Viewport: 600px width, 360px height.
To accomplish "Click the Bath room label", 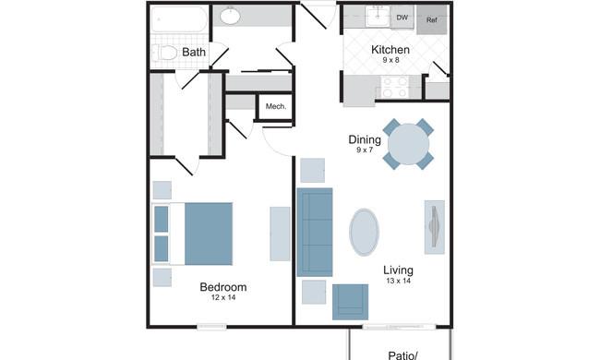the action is [x=194, y=52].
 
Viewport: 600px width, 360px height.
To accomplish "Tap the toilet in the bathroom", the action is [x=164, y=53].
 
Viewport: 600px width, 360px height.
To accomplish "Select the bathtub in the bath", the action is [x=179, y=19].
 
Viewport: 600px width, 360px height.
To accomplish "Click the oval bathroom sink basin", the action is [x=230, y=16].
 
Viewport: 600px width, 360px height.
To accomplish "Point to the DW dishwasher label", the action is [x=402, y=18].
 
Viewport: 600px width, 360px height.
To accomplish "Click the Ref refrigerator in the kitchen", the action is [x=432, y=19].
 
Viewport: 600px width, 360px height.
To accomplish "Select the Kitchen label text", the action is [x=390, y=50].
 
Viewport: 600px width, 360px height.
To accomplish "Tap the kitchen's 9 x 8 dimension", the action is [x=390, y=60].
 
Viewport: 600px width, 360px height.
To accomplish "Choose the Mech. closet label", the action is [x=276, y=106].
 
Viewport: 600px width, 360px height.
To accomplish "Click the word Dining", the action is [x=365, y=139].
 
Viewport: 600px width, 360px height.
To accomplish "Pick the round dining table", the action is [x=408, y=144].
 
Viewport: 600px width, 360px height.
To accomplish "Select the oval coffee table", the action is [x=364, y=232].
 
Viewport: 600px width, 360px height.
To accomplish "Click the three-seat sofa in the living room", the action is [x=315, y=232].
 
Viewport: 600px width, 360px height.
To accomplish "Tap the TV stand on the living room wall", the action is [x=435, y=227].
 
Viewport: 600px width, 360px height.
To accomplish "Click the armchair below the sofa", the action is [x=350, y=302].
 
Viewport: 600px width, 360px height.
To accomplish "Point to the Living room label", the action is [x=399, y=270].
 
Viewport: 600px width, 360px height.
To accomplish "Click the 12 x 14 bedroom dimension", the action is [x=223, y=297].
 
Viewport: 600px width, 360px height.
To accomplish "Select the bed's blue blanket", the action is [x=209, y=234].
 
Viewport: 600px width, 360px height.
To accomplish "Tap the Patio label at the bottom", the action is [x=403, y=355].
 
